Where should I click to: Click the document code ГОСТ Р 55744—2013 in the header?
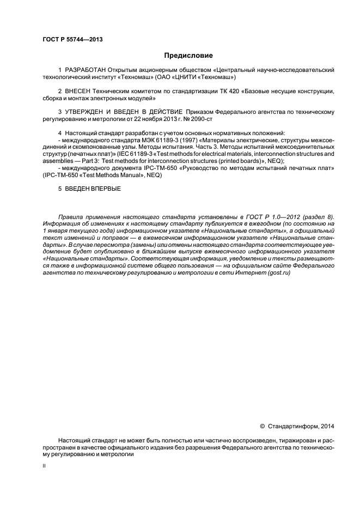[x=72, y=40]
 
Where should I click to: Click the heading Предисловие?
[x=188, y=55]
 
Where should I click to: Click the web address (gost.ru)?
[x=278, y=272]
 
